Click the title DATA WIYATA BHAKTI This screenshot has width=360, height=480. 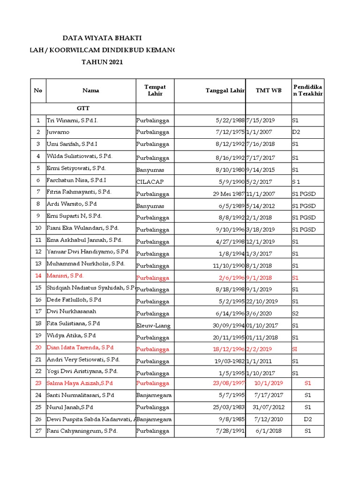coord(102,38)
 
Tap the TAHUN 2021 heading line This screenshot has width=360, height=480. coord(102,62)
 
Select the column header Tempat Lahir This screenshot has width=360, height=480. coord(155,90)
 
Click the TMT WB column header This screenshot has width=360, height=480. coord(269,90)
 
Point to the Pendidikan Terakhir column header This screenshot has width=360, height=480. coord(307,90)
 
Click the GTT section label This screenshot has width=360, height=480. coord(83,108)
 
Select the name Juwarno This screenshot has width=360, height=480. coord(58,132)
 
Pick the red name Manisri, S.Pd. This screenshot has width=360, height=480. coord(65,276)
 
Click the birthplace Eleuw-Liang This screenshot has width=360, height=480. coord(153,325)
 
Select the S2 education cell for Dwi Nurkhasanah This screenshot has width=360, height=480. coord(295,313)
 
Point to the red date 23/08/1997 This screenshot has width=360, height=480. coord(228,383)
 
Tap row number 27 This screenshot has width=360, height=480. coord(38,431)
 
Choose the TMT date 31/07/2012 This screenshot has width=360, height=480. coord(269,407)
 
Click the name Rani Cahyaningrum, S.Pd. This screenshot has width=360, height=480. coord(82,431)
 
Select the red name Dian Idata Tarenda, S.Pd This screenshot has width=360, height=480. coord(80,348)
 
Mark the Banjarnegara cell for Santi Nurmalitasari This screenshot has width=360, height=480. coord(154,395)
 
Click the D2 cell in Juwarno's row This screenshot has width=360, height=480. coord(296,132)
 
